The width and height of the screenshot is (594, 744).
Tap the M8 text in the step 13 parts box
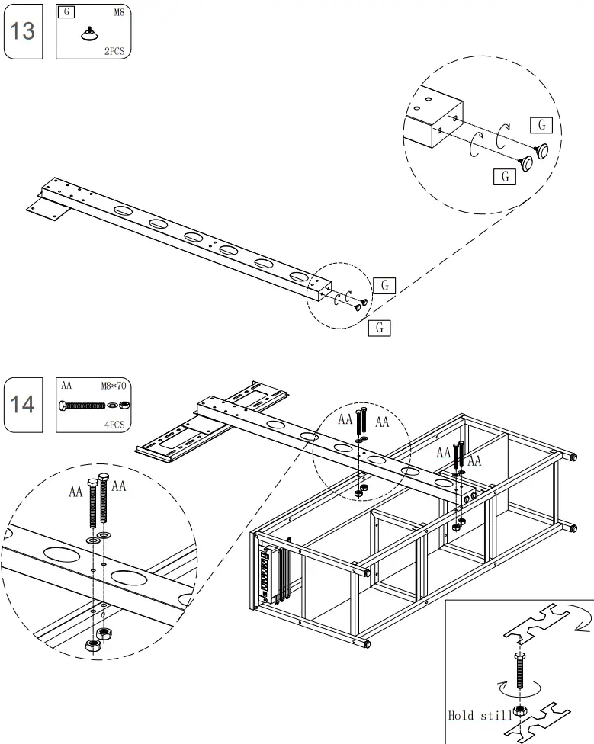120,13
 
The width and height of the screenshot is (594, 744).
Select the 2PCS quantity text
116,51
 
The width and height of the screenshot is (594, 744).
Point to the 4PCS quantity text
114,423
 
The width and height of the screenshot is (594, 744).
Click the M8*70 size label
114,386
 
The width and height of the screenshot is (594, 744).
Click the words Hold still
480,715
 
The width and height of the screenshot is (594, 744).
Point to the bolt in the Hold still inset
520,671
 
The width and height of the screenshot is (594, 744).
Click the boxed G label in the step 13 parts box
68,13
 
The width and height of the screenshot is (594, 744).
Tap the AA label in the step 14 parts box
66,386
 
